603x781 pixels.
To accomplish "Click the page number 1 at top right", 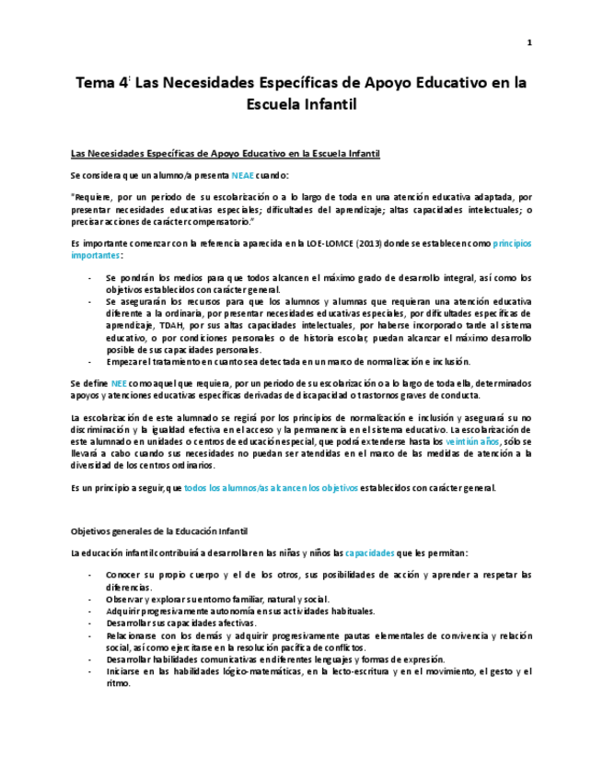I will point(529,43).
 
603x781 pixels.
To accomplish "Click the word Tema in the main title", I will point(96,83).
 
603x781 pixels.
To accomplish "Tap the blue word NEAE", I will point(243,174).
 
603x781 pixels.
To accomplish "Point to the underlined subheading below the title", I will point(226,153).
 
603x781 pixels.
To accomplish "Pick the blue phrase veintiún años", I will point(470,441).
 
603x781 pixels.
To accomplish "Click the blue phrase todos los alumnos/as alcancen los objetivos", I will point(271,487).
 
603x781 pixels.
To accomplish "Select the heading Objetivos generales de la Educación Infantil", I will point(158,532).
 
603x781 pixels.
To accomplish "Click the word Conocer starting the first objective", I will point(124,575).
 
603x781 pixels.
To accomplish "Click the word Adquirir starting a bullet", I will point(125,611).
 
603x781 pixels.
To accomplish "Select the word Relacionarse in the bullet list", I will point(134,635).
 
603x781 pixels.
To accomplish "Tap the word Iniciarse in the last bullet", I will point(125,671).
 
